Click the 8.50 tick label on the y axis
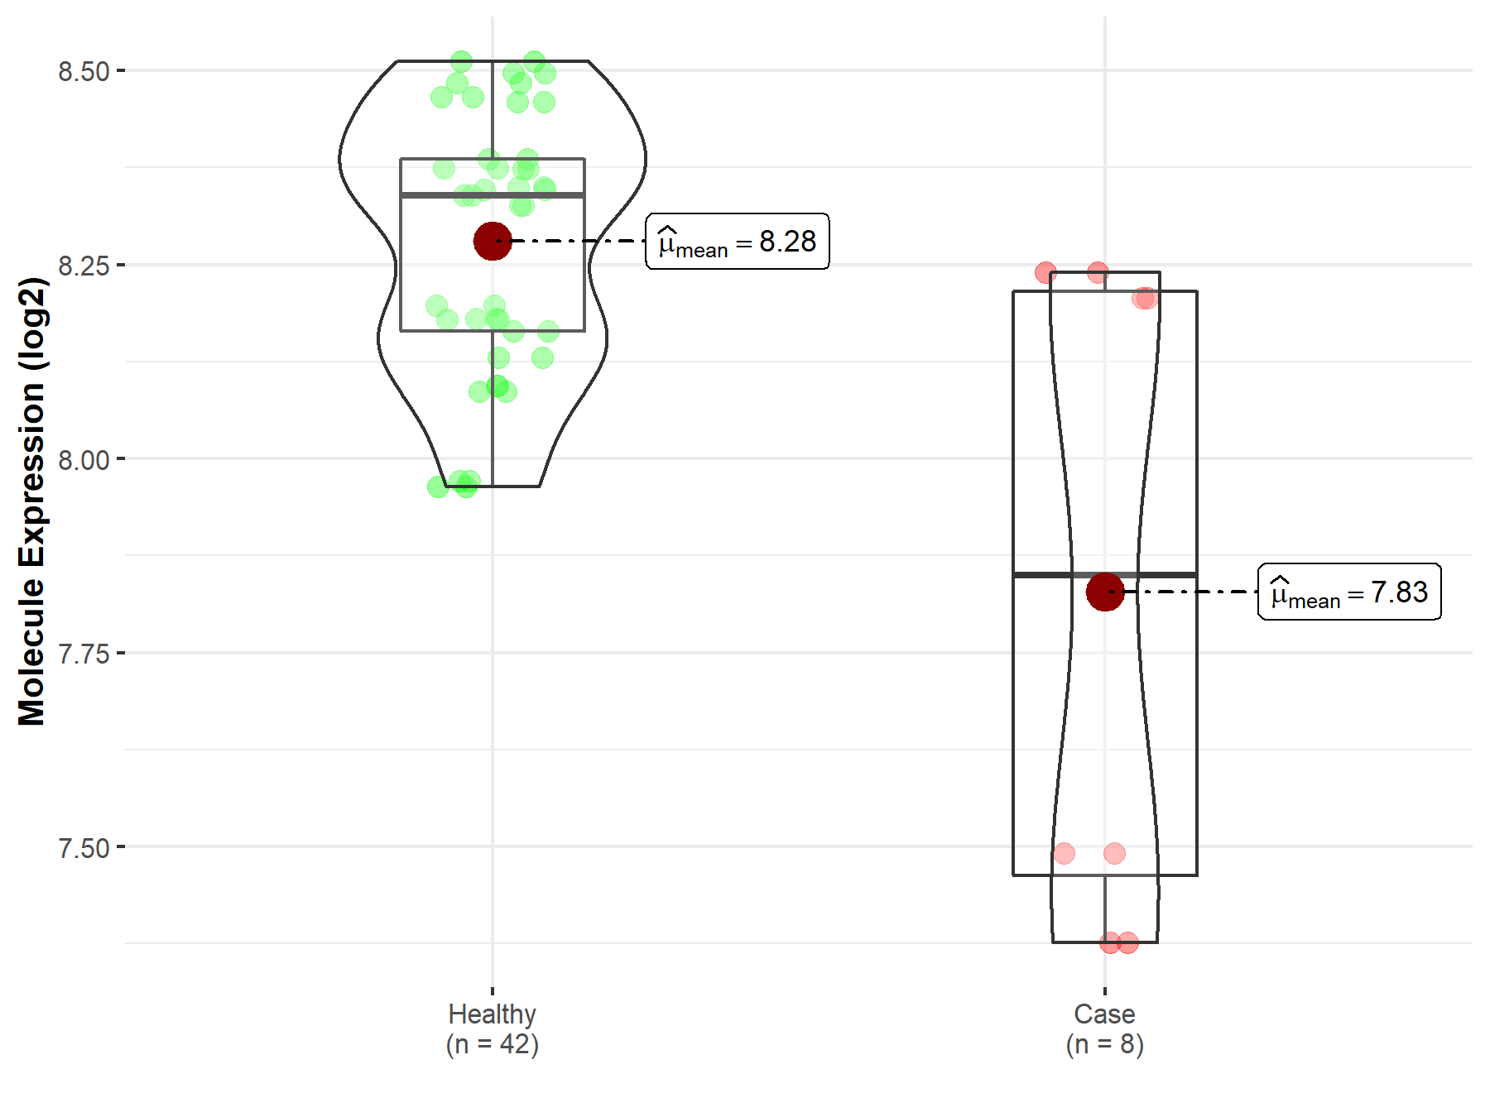click(84, 72)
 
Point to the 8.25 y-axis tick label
click(84, 266)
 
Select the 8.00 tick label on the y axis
click(84, 459)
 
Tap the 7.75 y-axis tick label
click(84, 654)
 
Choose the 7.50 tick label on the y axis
click(84, 848)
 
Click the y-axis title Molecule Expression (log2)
click(32, 501)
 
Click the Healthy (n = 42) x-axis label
click(493, 1028)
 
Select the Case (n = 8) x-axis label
click(1105, 1028)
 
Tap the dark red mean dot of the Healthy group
click(493, 241)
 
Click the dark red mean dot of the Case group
click(1105, 592)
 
